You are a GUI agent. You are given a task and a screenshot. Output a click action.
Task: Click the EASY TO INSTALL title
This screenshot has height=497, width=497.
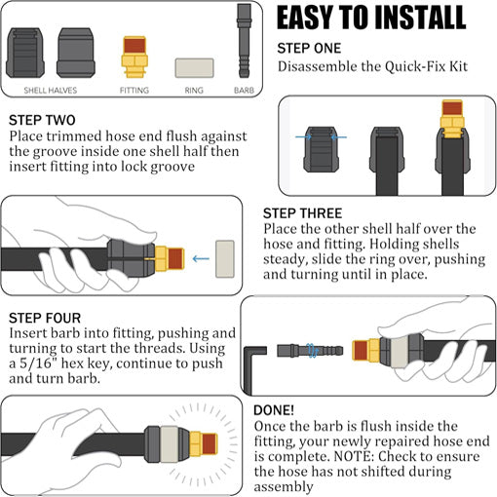click(x=371, y=18)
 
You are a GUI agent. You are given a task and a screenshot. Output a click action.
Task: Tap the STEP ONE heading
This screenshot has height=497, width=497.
click(x=309, y=49)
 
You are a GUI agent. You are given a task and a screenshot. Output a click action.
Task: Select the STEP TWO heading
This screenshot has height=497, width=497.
click(x=42, y=120)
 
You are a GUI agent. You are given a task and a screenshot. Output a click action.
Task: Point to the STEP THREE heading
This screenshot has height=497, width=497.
click(x=302, y=213)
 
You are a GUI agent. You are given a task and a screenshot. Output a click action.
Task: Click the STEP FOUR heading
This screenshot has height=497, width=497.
click(x=45, y=318)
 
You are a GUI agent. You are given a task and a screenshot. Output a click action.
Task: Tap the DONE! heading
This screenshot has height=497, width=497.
click(x=274, y=410)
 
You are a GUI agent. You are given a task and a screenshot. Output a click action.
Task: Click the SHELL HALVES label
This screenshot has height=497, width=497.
click(x=51, y=91)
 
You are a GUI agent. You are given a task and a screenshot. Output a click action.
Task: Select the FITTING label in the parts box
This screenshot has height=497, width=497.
click(x=134, y=91)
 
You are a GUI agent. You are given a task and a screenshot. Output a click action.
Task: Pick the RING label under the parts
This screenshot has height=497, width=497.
click(x=194, y=91)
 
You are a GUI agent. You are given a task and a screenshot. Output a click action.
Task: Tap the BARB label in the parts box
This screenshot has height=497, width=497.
click(x=244, y=91)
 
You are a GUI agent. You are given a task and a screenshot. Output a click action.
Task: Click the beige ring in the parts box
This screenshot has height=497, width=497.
click(x=194, y=68)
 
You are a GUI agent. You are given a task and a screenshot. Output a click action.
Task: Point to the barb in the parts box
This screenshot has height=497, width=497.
click(x=244, y=41)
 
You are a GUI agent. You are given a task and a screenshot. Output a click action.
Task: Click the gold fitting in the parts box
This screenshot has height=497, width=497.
click(x=134, y=57)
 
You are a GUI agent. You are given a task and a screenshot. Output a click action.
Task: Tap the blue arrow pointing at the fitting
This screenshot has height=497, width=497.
click(x=201, y=259)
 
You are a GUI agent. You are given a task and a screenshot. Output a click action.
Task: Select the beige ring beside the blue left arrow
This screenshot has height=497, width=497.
click(x=225, y=259)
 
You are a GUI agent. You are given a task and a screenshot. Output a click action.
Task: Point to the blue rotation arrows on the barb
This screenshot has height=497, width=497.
click(x=313, y=351)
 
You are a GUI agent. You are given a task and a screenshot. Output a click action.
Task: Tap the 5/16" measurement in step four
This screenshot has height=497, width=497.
click(x=38, y=363)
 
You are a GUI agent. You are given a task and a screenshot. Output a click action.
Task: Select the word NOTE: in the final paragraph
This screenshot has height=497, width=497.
click(x=354, y=456)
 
